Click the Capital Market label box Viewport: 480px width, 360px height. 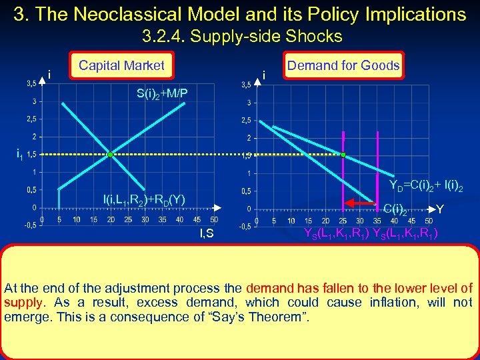(121, 65)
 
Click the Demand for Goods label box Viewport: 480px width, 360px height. (343, 65)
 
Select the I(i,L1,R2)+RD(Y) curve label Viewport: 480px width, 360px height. (143, 199)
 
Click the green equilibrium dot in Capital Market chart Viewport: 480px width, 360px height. (110, 155)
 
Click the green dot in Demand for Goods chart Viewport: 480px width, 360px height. (343, 155)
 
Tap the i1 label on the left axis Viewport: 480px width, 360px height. (21, 155)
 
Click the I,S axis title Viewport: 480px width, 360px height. (207, 233)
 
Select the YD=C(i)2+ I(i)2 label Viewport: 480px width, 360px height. (426, 186)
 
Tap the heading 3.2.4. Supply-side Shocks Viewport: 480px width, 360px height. (241, 36)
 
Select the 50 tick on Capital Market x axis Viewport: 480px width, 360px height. (213, 219)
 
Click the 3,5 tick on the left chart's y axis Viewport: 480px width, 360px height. (31, 84)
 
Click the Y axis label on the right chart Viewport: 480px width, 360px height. (440, 210)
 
